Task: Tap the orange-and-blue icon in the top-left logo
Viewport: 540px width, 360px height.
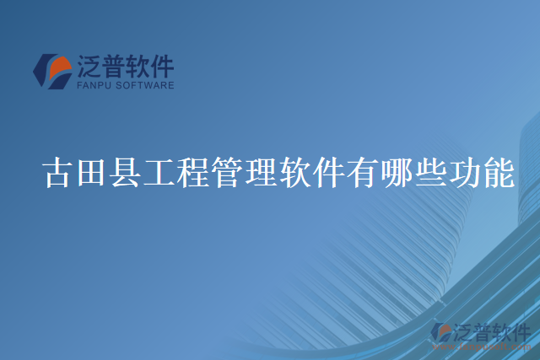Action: (x=53, y=72)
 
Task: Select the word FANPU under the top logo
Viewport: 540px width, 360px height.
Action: (x=93, y=85)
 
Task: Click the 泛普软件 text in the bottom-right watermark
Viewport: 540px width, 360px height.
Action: (x=493, y=331)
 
